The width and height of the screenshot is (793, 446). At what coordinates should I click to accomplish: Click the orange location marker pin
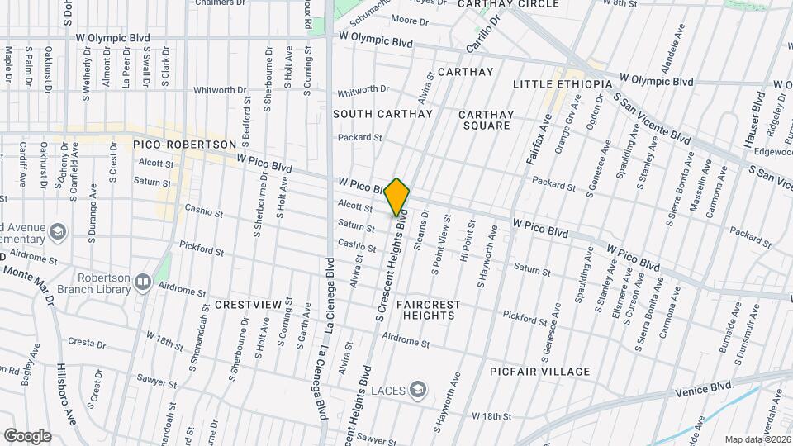[x=397, y=197]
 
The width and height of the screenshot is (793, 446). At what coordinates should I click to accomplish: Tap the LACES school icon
[x=419, y=389]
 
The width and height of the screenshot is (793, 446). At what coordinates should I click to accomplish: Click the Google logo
[x=27, y=436]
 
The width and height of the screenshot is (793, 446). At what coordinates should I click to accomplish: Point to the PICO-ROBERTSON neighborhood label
[x=184, y=145]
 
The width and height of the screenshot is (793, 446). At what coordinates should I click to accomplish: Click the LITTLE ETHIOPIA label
[x=563, y=84]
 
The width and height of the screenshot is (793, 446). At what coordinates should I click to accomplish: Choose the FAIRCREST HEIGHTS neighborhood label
[x=428, y=310]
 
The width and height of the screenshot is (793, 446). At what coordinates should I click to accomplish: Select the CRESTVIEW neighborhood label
[x=248, y=305]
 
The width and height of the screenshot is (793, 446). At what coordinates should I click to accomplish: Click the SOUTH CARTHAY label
[x=383, y=113]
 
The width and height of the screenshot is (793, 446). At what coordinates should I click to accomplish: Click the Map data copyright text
[x=757, y=439]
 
